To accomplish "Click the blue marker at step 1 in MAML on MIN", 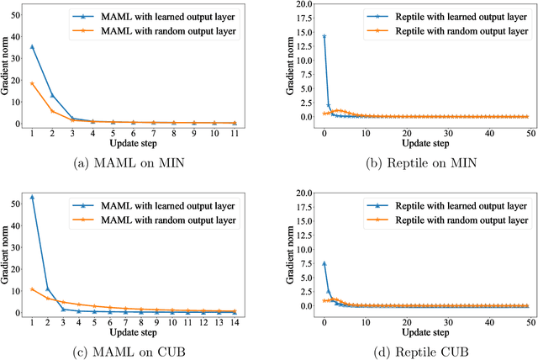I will click(32, 47).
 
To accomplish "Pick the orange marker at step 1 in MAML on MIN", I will click(32, 83).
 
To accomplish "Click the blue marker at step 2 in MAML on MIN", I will click(52, 95).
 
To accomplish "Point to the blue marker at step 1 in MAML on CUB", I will click(32, 198).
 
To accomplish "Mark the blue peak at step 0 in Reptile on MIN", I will click(324, 36).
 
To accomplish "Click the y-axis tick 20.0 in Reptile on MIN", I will click(296, 5).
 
